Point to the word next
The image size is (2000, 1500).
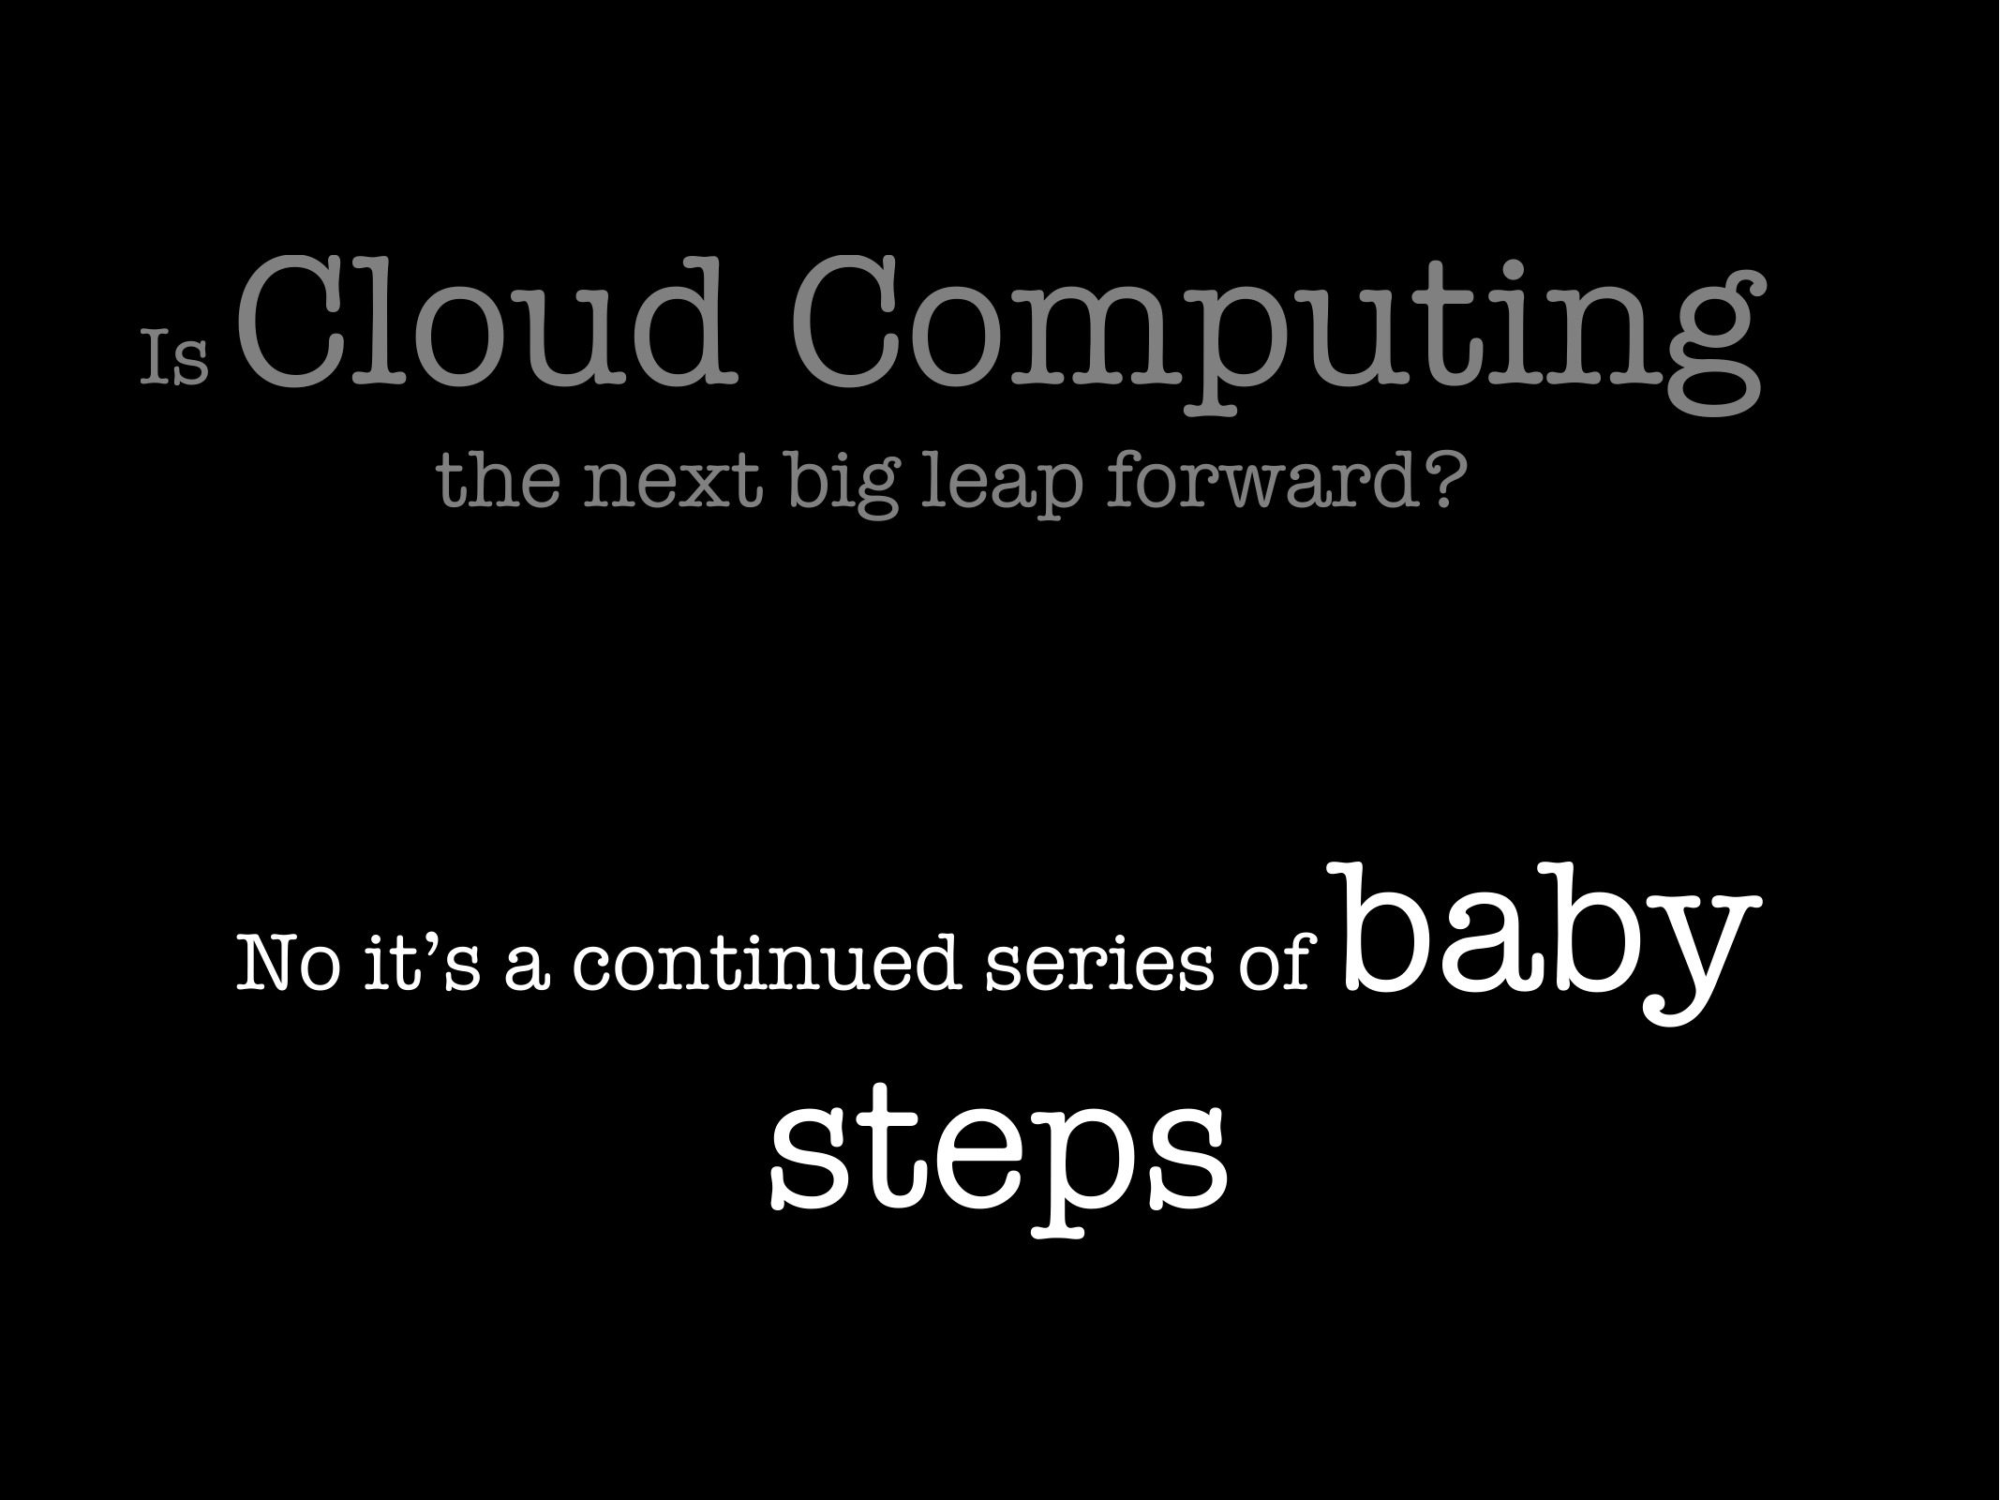pyautogui.click(x=672, y=485)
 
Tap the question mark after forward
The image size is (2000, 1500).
pyautogui.click(x=1435, y=482)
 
